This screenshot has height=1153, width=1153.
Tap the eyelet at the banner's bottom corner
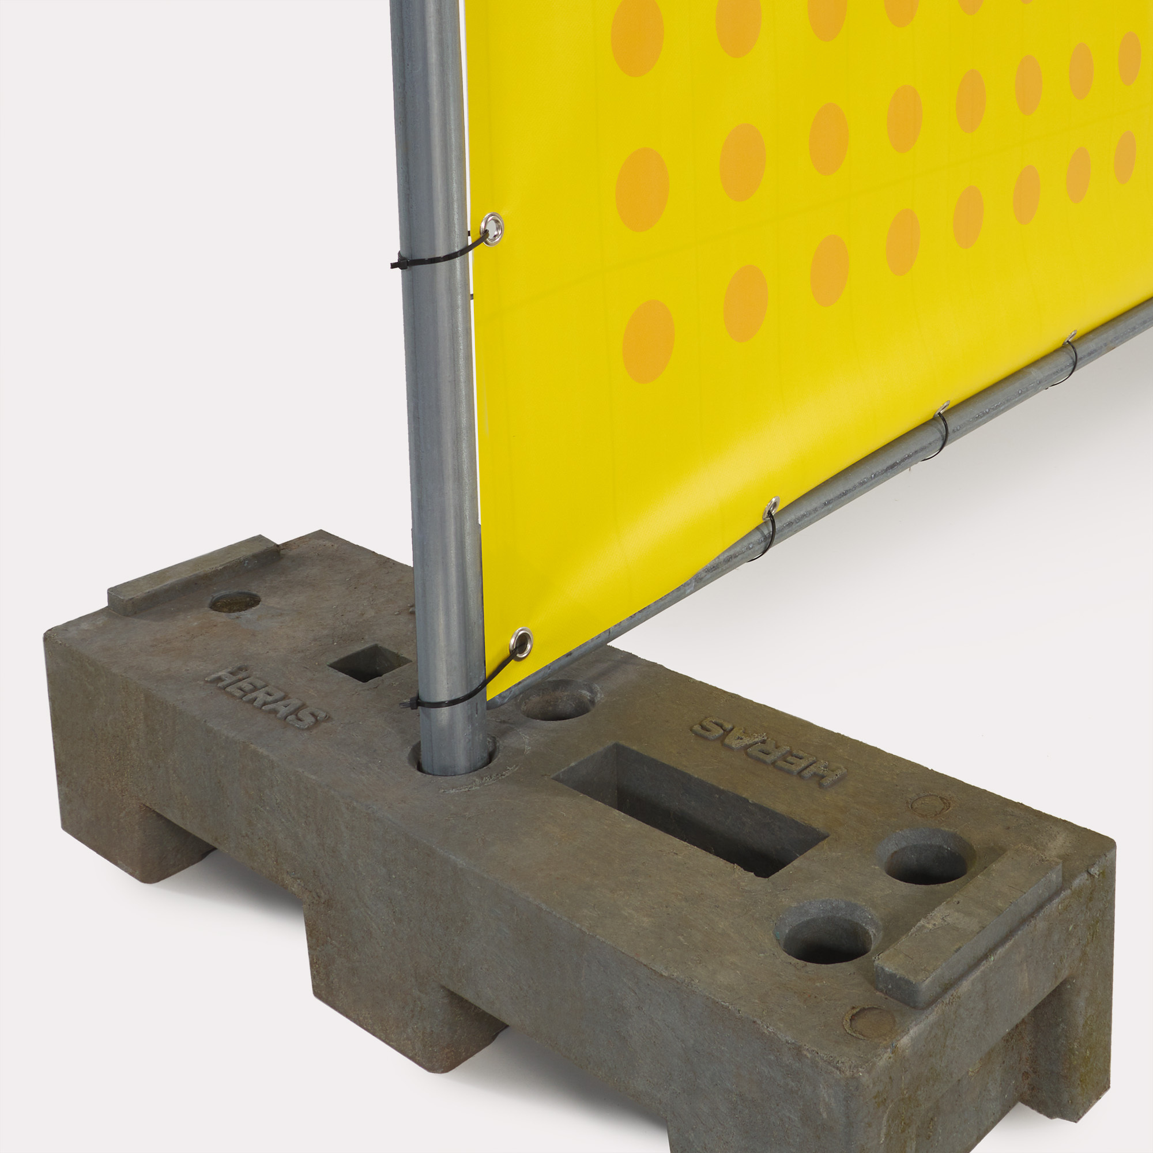point(522,643)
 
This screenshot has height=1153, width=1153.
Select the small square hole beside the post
point(369,662)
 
